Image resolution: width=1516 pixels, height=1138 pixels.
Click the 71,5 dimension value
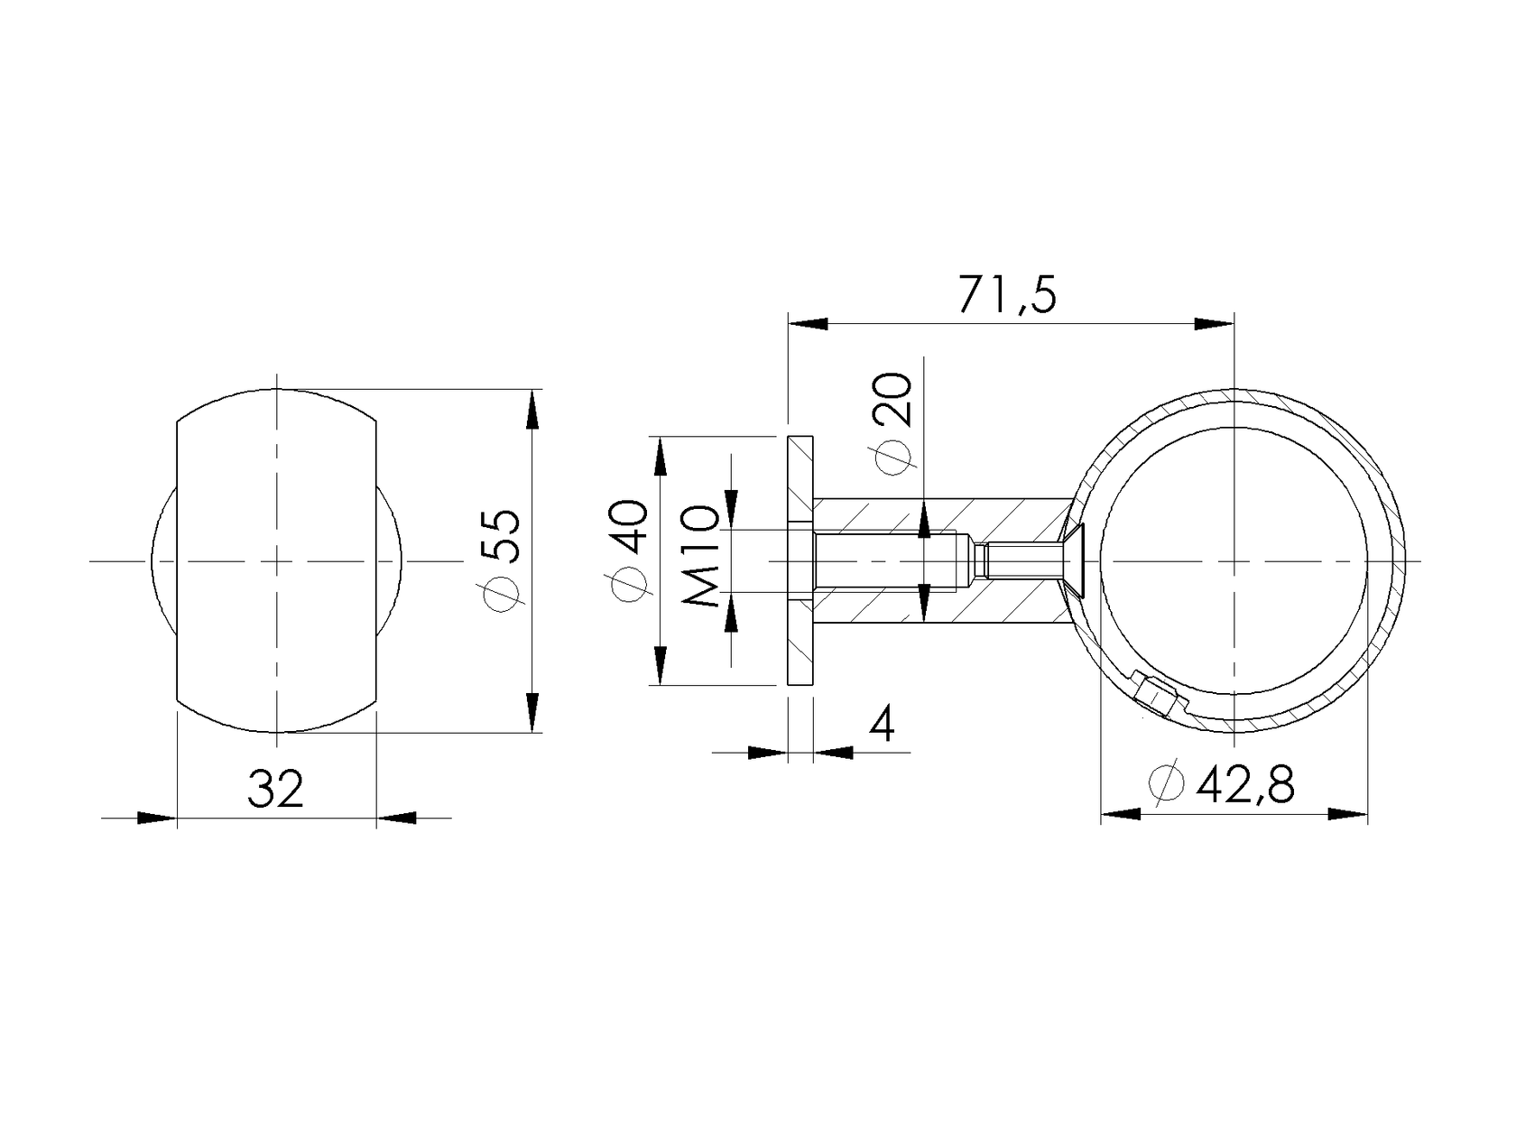point(1006,295)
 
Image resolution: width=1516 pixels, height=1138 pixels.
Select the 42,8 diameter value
point(1246,784)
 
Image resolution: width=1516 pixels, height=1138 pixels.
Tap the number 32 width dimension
point(275,790)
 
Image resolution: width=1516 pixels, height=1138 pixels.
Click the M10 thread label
point(701,555)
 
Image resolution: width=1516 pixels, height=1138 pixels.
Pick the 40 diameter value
point(630,526)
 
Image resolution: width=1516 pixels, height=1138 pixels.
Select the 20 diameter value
point(894,400)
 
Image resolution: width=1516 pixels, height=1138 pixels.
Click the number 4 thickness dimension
point(883,724)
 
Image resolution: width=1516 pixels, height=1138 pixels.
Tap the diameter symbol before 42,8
point(1166,783)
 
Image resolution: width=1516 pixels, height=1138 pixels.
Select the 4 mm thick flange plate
point(800,560)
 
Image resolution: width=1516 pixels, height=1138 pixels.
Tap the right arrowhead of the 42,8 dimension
point(1348,814)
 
